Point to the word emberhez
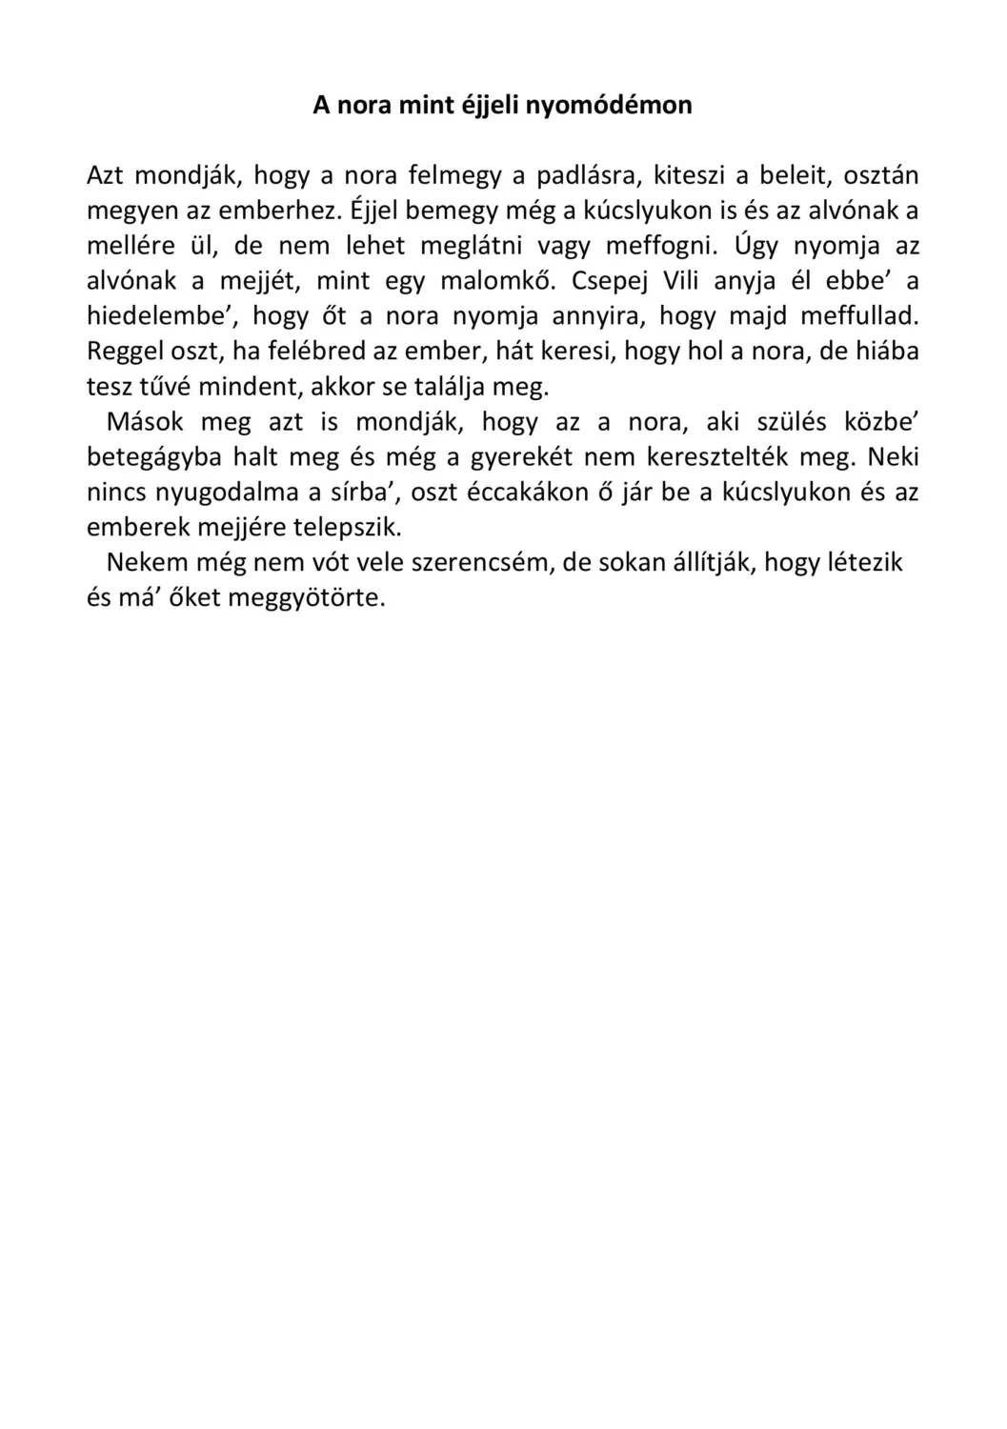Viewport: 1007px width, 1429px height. click(273, 211)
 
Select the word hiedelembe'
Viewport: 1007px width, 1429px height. click(161, 316)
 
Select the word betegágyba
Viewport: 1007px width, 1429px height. click(153, 457)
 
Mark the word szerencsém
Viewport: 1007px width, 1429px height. click(481, 562)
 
